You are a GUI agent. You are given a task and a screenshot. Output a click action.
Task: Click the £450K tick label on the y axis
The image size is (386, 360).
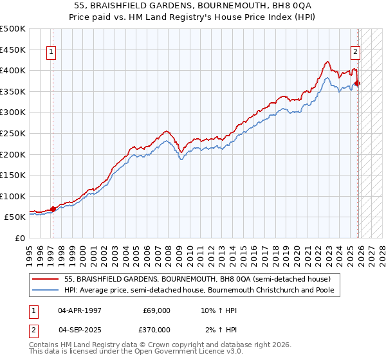[13, 50]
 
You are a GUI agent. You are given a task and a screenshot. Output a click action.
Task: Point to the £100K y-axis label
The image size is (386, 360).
[13, 196]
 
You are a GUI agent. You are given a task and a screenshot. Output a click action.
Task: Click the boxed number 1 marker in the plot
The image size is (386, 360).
[51, 53]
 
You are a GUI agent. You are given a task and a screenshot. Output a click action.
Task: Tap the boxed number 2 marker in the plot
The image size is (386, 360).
[354, 53]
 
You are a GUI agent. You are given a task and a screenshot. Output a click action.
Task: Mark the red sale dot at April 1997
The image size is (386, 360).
[53, 209]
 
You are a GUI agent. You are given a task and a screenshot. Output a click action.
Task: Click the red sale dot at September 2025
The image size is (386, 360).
[358, 83]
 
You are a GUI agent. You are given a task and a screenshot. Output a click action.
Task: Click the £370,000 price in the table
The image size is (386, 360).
[156, 330]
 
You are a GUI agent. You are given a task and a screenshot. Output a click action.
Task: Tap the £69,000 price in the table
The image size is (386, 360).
[156, 310]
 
